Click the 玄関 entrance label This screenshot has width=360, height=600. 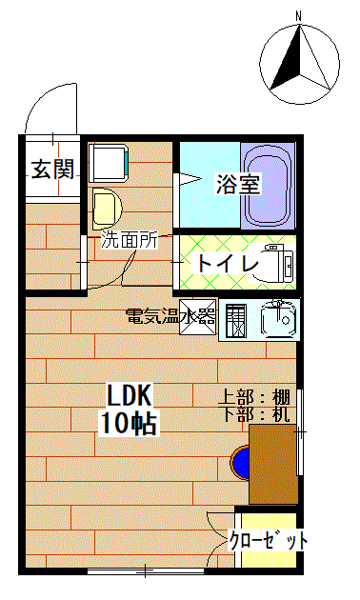tap(52, 169)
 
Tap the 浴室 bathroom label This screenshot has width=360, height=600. tap(238, 184)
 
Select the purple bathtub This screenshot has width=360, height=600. tap(269, 186)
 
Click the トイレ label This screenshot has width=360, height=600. tap(228, 263)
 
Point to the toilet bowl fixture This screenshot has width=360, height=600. tap(277, 263)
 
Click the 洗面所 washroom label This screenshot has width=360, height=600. tap(130, 240)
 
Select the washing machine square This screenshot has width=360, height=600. tap(109, 163)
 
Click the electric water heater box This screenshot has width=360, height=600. tap(198, 317)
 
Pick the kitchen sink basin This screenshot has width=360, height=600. tap(278, 319)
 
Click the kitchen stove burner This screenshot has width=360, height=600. tap(235, 321)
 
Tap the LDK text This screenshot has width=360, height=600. tap(130, 395)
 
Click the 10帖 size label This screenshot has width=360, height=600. tap(128, 423)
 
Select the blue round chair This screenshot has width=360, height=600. tap(240, 462)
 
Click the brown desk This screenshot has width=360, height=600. tap(273, 464)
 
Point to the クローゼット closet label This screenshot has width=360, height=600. tap(268, 540)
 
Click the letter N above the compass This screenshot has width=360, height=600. tap(298, 16)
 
